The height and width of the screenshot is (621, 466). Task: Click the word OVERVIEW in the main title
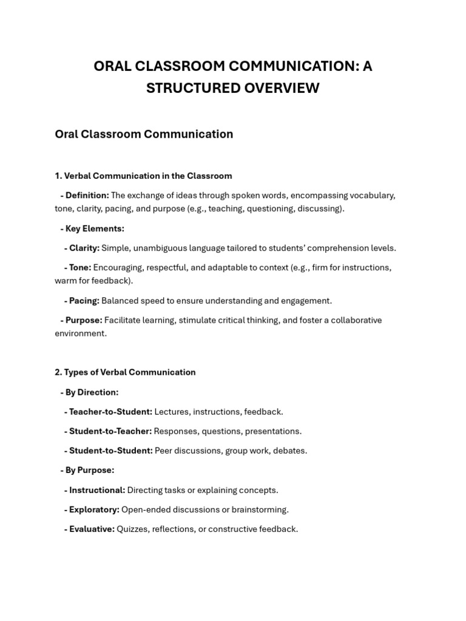click(282, 88)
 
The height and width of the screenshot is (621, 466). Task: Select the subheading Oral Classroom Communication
click(144, 134)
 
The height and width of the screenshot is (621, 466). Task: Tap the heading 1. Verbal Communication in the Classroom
click(143, 176)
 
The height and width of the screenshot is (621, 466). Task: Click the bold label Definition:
click(87, 195)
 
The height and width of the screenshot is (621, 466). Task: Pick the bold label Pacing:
click(84, 301)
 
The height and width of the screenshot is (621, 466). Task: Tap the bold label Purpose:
click(84, 320)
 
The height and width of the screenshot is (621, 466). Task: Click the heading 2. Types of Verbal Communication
click(125, 372)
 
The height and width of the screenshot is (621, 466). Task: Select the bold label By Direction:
click(92, 392)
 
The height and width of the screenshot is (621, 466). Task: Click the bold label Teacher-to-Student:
click(110, 412)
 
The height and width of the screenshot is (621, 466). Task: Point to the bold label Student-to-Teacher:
click(110, 431)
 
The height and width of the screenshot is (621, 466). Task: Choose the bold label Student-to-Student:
click(110, 451)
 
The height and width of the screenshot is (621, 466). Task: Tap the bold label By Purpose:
click(89, 470)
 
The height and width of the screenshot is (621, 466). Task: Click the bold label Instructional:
click(96, 490)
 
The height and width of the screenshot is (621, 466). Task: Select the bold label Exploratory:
click(94, 509)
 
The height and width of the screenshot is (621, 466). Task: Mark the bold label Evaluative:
click(92, 529)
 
